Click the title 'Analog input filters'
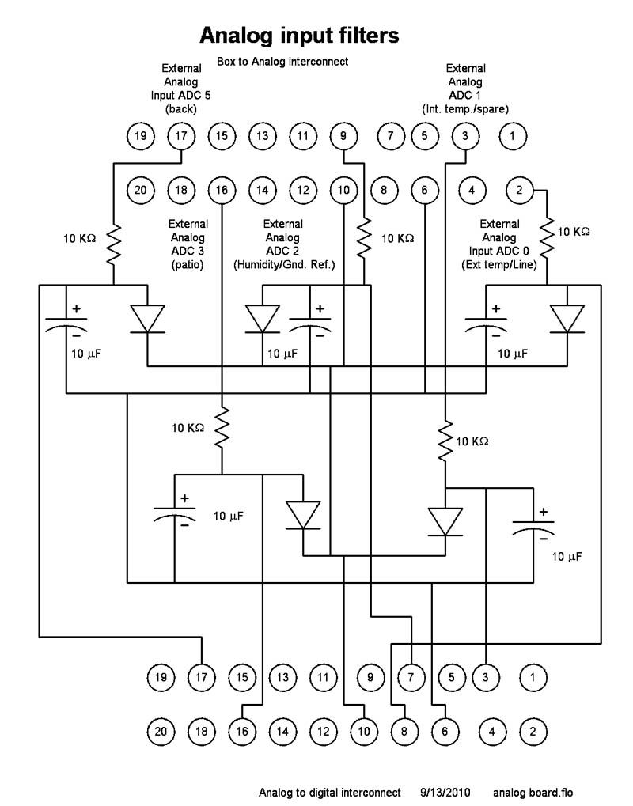[x=298, y=36]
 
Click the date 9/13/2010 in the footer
[x=445, y=792]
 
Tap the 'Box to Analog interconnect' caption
[x=282, y=61]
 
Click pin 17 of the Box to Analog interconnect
[x=181, y=136]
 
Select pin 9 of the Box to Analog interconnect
[x=343, y=136]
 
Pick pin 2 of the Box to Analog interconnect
[x=519, y=190]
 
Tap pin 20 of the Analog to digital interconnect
[x=161, y=731]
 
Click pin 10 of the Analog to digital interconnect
[x=364, y=731]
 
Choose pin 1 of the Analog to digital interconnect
[x=533, y=677]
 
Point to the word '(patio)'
[x=188, y=265]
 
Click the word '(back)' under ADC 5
[x=180, y=108]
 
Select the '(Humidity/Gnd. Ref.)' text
[x=283, y=265]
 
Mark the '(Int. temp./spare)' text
[x=465, y=108]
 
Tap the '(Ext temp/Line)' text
[x=499, y=265]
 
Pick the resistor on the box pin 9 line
[x=364, y=237]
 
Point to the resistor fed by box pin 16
[x=222, y=427]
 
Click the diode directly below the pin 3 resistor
[x=445, y=520]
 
